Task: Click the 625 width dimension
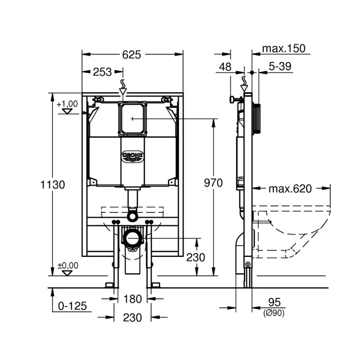(x=131, y=54)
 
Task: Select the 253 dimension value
(x=102, y=72)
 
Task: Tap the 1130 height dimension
(x=53, y=184)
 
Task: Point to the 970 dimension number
(x=213, y=183)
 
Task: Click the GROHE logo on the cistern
(x=132, y=157)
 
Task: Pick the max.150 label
(x=284, y=49)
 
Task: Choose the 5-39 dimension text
(x=280, y=66)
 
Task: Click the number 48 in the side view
(x=225, y=67)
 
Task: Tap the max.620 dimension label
(x=290, y=189)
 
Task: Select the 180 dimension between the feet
(x=132, y=299)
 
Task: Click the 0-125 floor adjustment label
(x=72, y=306)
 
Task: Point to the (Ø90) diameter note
(x=274, y=313)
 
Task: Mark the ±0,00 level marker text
(x=68, y=265)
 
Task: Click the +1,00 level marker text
(x=67, y=104)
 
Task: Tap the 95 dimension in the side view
(x=274, y=302)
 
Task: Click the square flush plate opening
(x=132, y=119)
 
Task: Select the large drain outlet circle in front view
(x=132, y=238)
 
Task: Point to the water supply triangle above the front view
(x=123, y=91)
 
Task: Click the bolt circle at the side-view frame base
(x=248, y=265)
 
